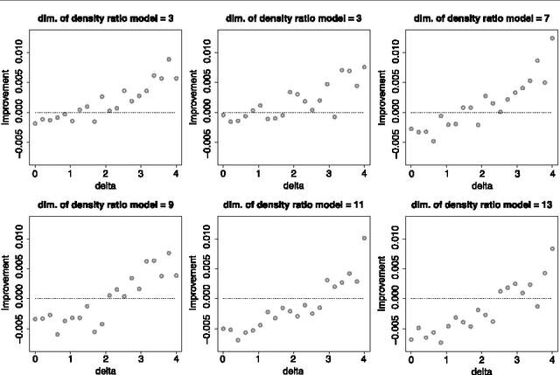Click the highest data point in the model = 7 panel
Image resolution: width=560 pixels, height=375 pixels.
pyautogui.click(x=552, y=38)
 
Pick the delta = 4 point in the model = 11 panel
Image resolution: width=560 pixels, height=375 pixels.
pyautogui.click(x=364, y=238)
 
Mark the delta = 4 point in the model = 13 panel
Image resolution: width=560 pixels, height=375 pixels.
pyautogui.click(x=552, y=248)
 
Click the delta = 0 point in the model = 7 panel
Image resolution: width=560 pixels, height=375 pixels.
pyautogui.click(x=411, y=128)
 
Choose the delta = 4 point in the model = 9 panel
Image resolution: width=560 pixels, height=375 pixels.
pyautogui.click(x=176, y=275)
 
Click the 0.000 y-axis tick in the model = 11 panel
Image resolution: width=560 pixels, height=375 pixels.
pyautogui.click(x=207, y=298)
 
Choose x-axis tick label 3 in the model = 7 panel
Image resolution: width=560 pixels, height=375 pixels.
pyautogui.click(x=517, y=173)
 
